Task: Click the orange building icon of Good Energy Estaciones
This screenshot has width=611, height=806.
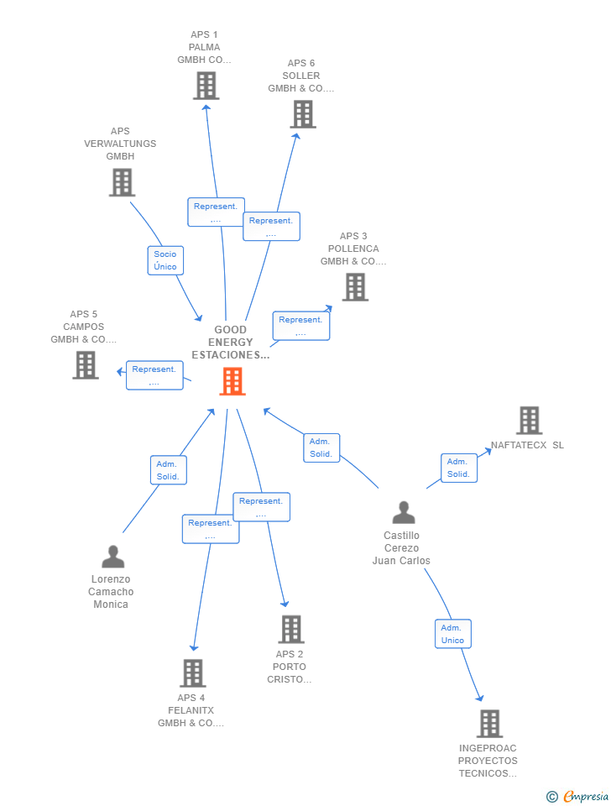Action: tap(232, 381)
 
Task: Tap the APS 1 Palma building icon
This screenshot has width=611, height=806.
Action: tap(206, 86)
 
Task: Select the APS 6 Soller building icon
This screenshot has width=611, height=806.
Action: tap(303, 114)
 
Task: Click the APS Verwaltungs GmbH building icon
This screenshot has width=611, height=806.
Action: tap(122, 182)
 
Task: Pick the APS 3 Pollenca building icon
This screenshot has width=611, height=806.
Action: tap(355, 287)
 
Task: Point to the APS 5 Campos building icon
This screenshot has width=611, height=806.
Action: tap(86, 365)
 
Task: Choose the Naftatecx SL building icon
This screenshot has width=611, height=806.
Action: tap(529, 421)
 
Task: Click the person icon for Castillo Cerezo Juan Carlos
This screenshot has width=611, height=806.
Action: tap(404, 512)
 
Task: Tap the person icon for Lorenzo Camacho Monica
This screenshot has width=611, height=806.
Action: tap(112, 557)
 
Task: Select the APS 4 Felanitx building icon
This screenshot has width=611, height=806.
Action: tap(193, 673)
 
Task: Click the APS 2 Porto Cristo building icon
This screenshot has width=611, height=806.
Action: tap(291, 629)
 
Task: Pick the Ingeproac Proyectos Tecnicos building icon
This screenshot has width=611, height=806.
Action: tap(489, 724)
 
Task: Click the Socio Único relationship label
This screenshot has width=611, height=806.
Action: tap(165, 260)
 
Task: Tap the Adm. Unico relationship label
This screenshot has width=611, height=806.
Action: tap(452, 634)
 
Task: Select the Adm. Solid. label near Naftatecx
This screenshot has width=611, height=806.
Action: tap(458, 468)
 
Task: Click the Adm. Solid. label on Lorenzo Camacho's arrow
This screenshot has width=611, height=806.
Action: tap(168, 470)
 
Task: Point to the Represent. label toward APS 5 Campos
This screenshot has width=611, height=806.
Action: tap(154, 375)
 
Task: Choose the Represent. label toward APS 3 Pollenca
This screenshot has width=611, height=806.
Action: tap(300, 326)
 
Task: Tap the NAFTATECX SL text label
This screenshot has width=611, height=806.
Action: tap(527, 445)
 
